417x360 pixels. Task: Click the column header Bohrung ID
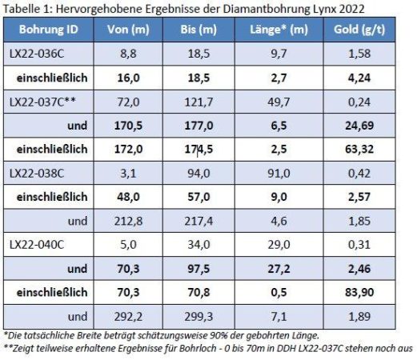pos(48,30)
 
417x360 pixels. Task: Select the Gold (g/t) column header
pos(359,30)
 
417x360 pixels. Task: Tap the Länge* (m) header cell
pos(279,30)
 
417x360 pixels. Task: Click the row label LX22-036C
pos(37,54)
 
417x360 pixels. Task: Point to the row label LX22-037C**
pos(42,102)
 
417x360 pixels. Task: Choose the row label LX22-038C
pos(37,174)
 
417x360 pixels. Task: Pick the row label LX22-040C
pos(37,245)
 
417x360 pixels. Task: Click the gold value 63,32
pos(359,149)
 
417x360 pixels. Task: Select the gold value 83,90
pos(359,293)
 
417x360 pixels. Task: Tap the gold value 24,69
pos(359,126)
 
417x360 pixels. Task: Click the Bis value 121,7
pos(198,102)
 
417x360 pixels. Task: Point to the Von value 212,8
pos(128,221)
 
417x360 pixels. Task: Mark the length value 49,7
pos(279,102)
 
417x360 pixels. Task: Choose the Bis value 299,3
pos(198,317)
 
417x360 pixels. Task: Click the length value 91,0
pos(279,174)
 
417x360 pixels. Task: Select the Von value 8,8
pos(128,54)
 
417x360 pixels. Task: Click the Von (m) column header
pos(128,30)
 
